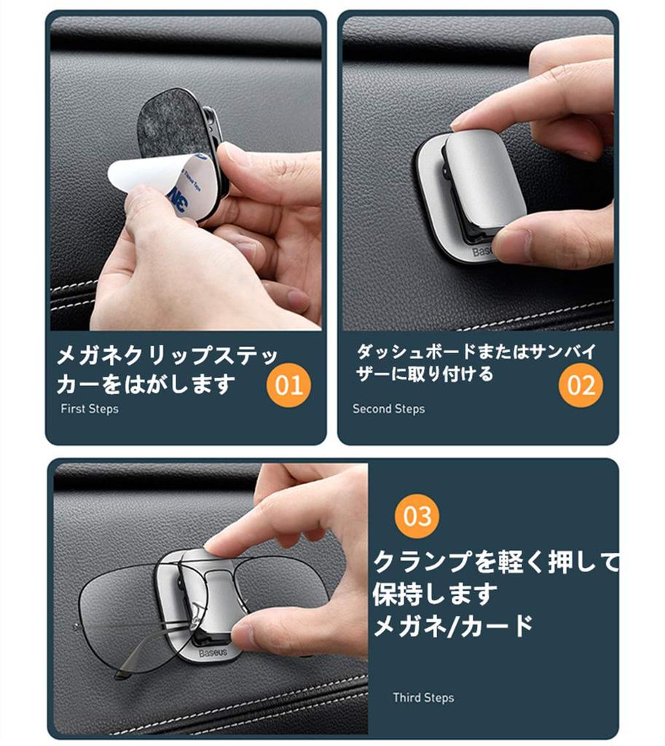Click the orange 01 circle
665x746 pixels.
coord(288,385)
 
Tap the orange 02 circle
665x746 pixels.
coord(581,385)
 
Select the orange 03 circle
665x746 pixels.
coord(417,517)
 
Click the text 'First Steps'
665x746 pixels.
coord(89,409)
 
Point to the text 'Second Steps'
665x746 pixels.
coord(388,409)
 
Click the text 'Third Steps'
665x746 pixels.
coord(423,697)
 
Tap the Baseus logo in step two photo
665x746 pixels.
coord(484,251)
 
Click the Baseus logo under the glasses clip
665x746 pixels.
coord(213,653)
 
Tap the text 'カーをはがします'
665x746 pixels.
coord(146,383)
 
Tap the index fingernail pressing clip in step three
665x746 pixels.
coord(216,543)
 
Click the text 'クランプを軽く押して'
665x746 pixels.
coord(495,562)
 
